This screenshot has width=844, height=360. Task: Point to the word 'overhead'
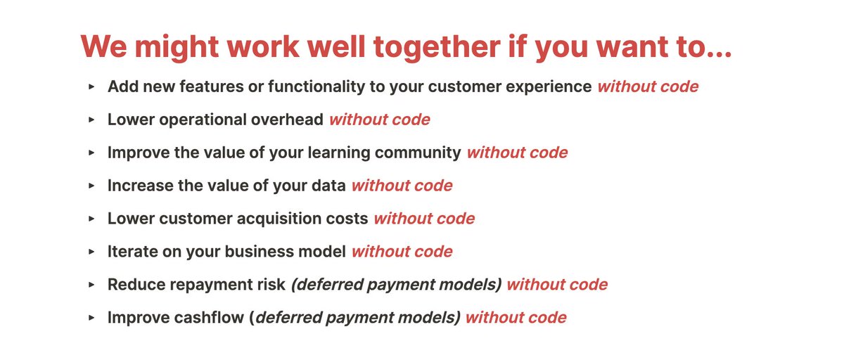(x=288, y=120)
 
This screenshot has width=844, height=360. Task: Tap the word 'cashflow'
(x=208, y=318)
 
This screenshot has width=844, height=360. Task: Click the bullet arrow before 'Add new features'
(x=91, y=86)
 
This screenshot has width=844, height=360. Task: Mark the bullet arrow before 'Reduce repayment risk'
(x=91, y=285)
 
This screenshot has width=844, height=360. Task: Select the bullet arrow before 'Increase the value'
(x=91, y=186)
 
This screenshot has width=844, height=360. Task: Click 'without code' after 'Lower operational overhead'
(x=379, y=120)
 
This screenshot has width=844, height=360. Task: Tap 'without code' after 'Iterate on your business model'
(x=402, y=252)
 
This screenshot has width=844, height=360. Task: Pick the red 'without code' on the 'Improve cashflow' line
(x=516, y=318)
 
